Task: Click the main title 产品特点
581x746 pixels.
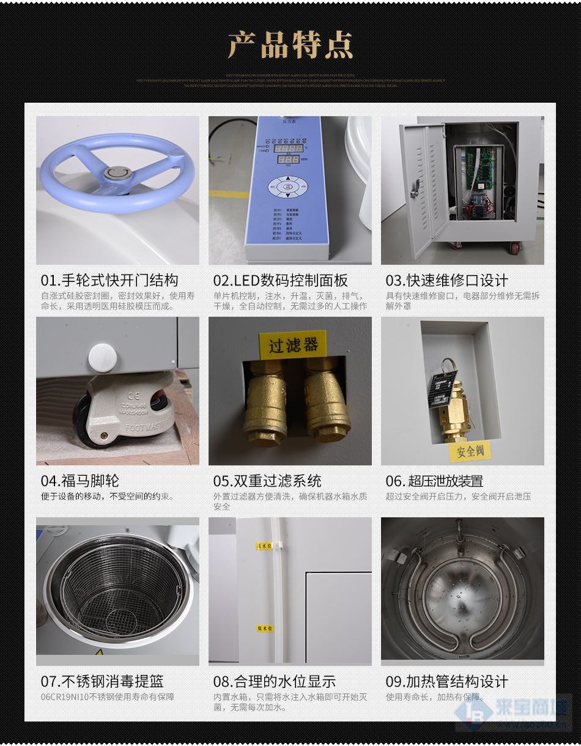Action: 290,45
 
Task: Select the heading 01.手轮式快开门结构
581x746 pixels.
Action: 109,280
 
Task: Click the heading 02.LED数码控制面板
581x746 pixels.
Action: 280,280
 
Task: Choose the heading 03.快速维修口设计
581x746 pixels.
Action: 446,280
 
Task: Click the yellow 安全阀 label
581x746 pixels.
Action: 470,451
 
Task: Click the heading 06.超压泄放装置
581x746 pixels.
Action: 434,481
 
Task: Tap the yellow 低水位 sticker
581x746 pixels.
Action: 265,628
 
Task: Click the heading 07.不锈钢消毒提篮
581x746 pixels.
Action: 102,681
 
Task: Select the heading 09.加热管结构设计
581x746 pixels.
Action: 446,681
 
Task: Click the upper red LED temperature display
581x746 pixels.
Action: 289,148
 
